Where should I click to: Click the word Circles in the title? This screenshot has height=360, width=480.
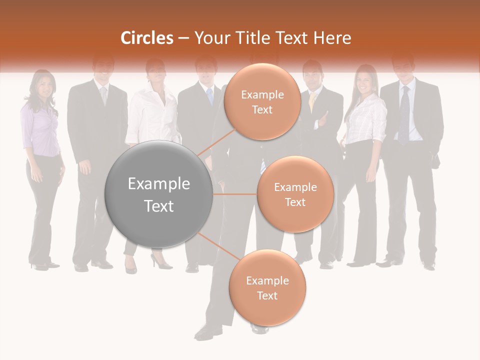click(147, 38)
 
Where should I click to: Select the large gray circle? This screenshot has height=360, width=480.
click(159, 194)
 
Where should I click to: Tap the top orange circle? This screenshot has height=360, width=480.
click(262, 101)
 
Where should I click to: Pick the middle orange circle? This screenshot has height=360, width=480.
click(295, 194)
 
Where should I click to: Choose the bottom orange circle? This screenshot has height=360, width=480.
click(267, 287)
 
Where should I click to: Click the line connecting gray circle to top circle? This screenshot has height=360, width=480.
click(216, 141)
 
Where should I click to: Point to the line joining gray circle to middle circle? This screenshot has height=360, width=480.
click(235, 193)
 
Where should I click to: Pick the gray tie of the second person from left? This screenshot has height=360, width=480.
click(103, 95)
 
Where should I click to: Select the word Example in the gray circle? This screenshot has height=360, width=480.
click(159, 184)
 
